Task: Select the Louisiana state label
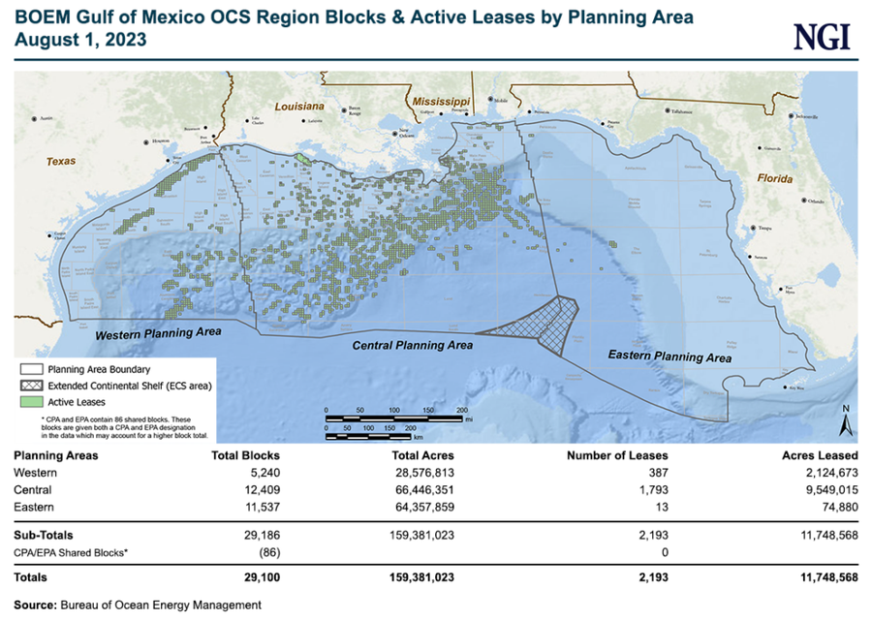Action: click(x=297, y=107)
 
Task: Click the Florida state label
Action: click(x=776, y=179)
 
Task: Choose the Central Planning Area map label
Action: click(x=412, y=345)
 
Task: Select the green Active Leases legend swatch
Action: click(x=32, y=400)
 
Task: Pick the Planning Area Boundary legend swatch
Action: click(x=32, y=369)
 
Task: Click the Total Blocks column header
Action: click(x=245, y=454)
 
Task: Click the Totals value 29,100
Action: click(x=259, y=577)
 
